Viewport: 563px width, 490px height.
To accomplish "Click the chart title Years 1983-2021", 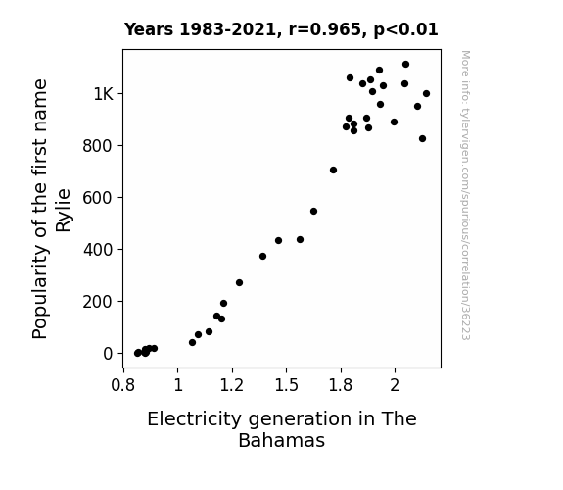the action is pyautogui.click(x=281, y=29).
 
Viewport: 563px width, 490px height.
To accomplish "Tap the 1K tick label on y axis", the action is pyautogui.click(x=104, y=94).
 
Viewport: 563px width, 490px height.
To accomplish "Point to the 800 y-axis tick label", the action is pyautogui.click(x=98, y=146).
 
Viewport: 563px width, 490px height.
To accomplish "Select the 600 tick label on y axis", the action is pyautogui.click(x=98, y=198).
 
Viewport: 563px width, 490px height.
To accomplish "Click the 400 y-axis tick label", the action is pyautogui.click(x=98, y=250).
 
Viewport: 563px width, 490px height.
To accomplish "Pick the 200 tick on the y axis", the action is pyautogui.click(x=98, y=302).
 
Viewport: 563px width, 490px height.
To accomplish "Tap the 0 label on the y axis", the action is pyautogui.click(x=108, y=354).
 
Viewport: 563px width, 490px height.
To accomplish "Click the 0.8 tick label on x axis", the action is pyautogui.click(x=123, y=385).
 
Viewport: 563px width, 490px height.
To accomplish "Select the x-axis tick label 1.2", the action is pyautogui.click(x=232, y=385).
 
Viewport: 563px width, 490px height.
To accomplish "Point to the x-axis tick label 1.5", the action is pyautogui.click(x=287, y=385).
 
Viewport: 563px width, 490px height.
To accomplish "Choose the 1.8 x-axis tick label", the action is pyautogui.click(x=341, y=385).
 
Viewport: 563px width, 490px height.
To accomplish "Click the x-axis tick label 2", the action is pyautogui.click(x=395, y=385).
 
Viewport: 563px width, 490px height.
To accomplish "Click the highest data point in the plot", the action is pyautogui.click(x=405, y=65).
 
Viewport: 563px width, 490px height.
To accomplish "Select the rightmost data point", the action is pyautogui.click(x=426, y=94).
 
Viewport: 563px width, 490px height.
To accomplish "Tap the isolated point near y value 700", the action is pyautogui.click(x=333, y=171).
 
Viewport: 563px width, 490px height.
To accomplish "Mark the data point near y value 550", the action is pyautogui.click(x=314, y=211).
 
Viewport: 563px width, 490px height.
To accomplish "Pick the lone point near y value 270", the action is pyautogui.click(x=240, y=283).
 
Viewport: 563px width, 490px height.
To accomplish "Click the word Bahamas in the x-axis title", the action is pyautogui.click(x=282, y=440).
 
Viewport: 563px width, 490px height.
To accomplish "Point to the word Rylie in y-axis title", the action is pyautogui.click(x=64, y=211).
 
